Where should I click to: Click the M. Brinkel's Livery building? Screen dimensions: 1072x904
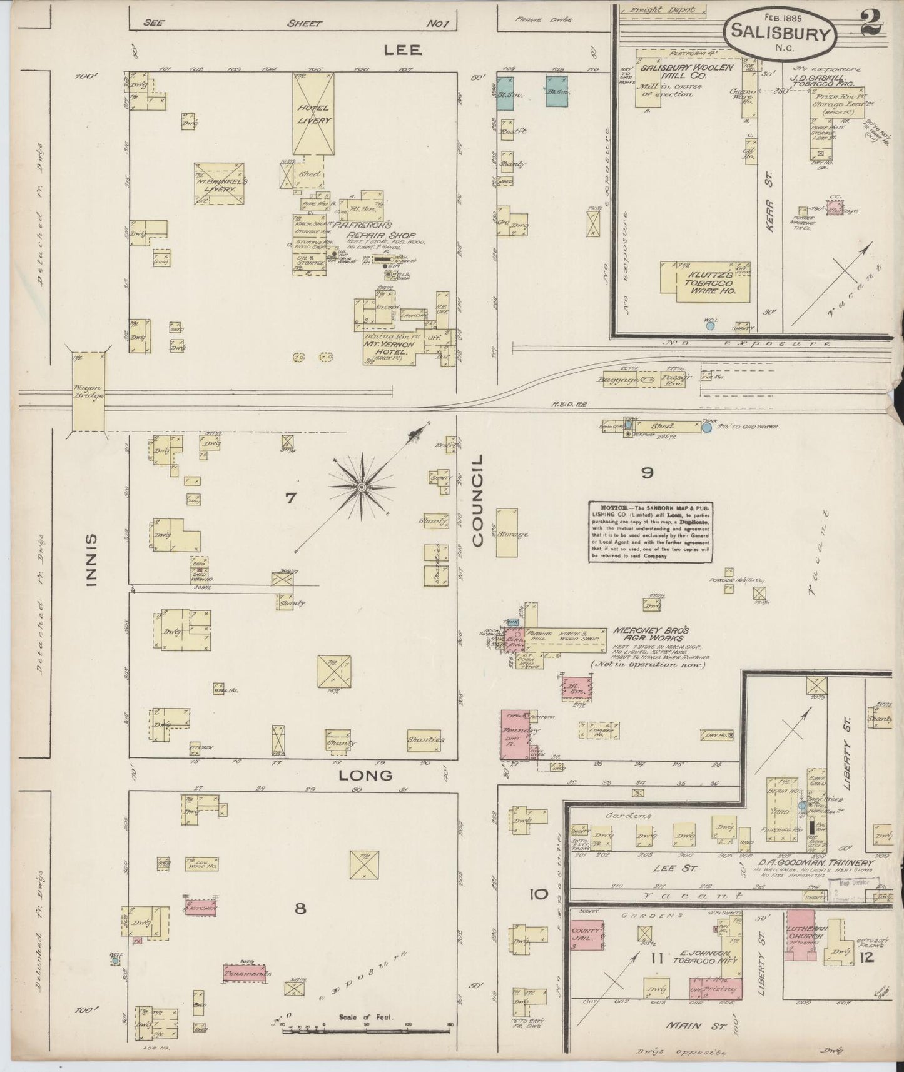pos(219,183)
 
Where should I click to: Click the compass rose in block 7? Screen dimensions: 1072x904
pos(362,486)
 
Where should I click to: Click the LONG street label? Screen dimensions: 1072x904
pos(365,775)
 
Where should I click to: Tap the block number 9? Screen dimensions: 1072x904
pos(647,473)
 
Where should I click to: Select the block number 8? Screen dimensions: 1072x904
pos(300,908)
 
